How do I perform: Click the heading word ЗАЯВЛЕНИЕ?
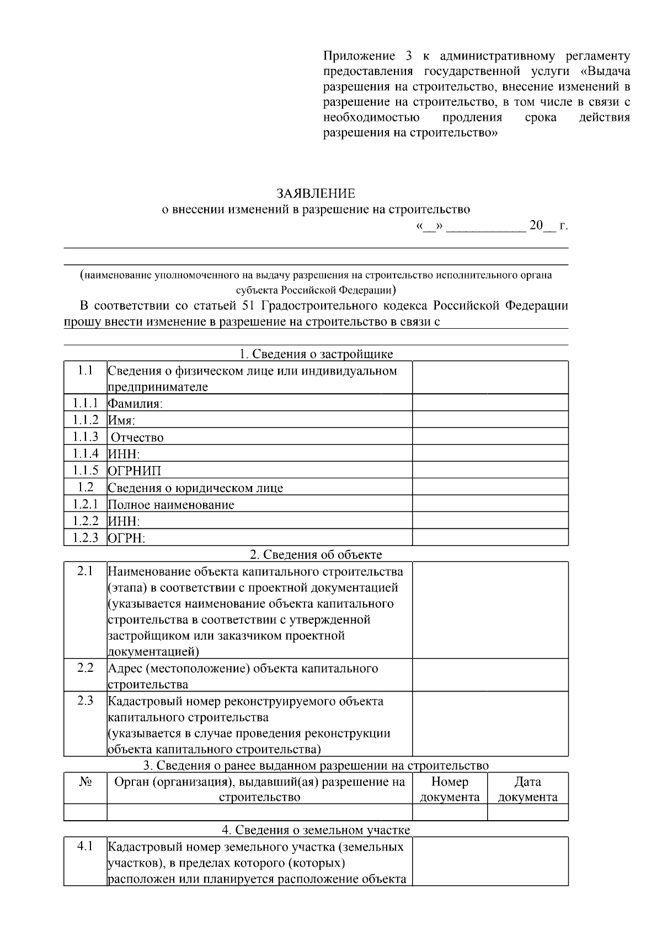tap(316, 194)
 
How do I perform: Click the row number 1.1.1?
tap(85, 403)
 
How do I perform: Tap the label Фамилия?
tap(135, 404)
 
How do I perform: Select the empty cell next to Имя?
tap(490, 420)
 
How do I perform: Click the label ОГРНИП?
tap(134, 471)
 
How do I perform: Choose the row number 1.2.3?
tap(85, 538)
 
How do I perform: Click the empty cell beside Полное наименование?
tap(490, 504)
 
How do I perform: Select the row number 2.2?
tap(85, 668)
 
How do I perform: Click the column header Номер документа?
tap(450, 789)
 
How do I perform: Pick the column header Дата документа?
tap(527, 789)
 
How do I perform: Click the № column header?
tap(85, 782)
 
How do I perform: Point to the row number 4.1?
tap(85, 846)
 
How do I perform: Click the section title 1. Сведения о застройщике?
tap(316, 354)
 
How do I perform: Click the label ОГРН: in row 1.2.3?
tap(126, 538)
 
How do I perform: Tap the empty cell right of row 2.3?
tap(490, 724)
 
